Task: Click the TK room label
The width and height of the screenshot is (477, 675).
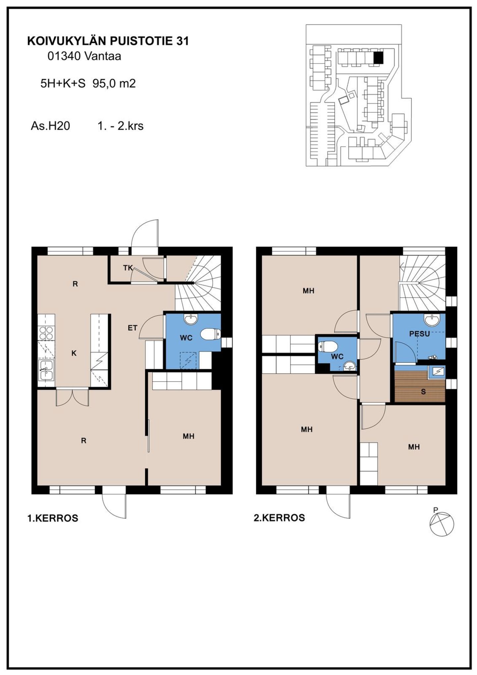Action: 128,268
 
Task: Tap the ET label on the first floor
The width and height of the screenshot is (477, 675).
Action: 132,328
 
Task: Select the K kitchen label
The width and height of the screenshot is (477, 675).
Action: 74,353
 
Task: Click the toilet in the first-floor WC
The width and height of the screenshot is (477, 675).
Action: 211,334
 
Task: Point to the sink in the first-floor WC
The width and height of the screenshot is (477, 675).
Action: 191,319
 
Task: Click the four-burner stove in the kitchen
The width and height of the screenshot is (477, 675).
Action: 46,333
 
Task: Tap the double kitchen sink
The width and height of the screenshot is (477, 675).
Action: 46,370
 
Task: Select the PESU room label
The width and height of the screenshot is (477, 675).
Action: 419,334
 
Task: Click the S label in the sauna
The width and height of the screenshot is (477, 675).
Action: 423,392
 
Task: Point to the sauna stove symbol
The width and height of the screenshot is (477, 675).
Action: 437,371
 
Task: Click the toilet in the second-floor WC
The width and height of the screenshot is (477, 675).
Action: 327,347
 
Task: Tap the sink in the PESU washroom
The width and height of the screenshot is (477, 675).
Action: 432,320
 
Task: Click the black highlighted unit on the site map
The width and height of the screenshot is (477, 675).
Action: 378,58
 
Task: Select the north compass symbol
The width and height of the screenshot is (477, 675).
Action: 442,524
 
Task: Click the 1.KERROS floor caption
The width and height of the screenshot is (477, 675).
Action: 53,518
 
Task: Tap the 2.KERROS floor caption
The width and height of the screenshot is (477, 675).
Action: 279,518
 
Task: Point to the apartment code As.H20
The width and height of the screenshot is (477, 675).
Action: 50,126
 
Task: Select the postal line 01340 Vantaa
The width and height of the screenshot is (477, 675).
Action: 84,56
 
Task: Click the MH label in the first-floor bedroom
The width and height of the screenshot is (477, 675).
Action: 188,436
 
